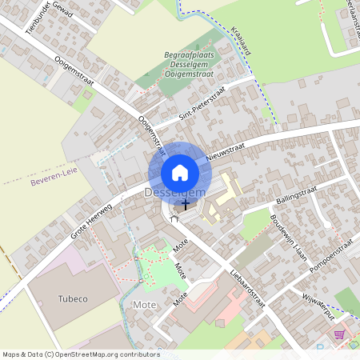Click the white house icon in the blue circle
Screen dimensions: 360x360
pos(180,172)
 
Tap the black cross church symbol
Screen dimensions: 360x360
pos(186,204)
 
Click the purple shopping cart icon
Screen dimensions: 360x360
pos(339,334)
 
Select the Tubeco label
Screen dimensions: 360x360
pos(74,298)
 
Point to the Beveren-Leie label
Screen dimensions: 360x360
pos(54,183)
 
